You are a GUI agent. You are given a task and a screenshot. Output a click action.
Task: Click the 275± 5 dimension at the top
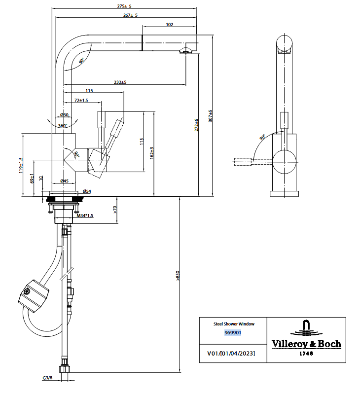coord(125,6)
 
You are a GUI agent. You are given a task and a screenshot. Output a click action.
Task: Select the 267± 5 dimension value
coord(130,15)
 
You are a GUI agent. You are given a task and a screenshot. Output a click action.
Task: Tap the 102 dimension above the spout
coord(170,24)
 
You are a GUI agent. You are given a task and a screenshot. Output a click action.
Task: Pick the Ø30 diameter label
coord(64,115)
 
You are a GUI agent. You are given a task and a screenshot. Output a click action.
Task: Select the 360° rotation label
coord(63,126)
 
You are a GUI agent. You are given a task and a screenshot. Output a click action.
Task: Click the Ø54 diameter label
coord(86,191)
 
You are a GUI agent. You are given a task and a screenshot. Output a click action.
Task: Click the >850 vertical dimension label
coord(178,276)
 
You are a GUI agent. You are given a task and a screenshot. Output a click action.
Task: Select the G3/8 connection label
coord(47,378)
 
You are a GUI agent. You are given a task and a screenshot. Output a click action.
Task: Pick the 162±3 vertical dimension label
coord(153,153)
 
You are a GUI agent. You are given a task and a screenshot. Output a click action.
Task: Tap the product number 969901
coord(233,333)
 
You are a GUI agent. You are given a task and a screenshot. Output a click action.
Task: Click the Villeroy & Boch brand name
coord(306,344)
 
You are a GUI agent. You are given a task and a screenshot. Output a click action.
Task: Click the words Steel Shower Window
coord(234,324)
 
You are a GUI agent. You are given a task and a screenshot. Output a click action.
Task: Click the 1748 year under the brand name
coord(306,354)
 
